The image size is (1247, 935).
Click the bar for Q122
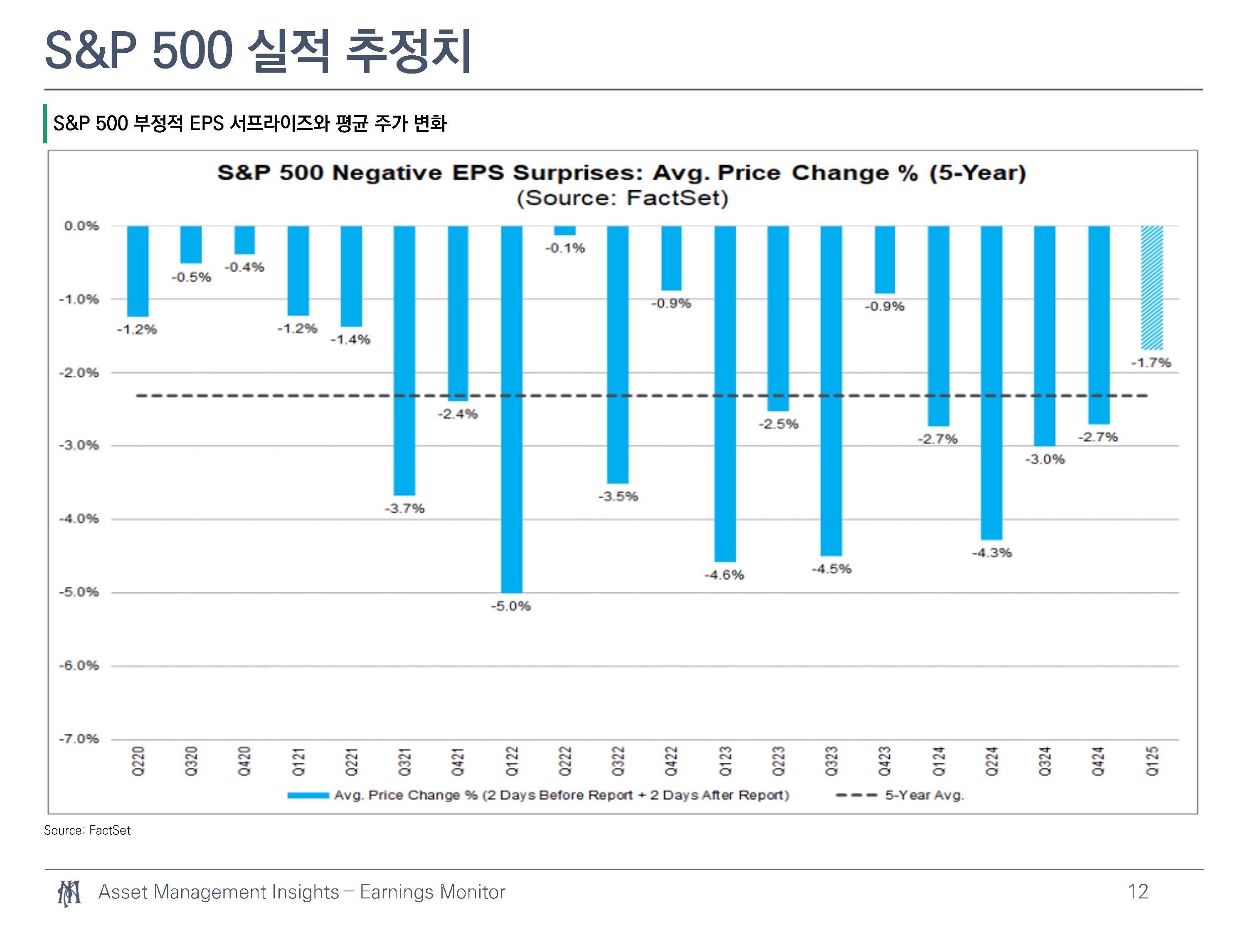click(x=511, y=409)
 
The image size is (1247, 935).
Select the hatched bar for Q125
click(x=1152, y=288)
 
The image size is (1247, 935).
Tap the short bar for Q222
click(x=564, y=231)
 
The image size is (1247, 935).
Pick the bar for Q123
click(x=725, y=394)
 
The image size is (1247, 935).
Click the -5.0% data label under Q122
click(x=511, y=606)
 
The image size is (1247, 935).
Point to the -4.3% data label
click(x=992, y=553)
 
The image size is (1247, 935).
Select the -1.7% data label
click(x=1151, y=363)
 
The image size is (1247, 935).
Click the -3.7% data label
click(x=405, y=508)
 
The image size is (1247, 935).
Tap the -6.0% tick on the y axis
click(x=79, y=666)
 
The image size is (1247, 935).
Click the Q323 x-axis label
click(x=831, y=761)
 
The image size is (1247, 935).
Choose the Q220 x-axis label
click(x=138, y=761)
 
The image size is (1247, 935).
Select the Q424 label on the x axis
click(x=1098, y=761)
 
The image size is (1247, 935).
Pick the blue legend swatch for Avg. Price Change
click(x=308, y=795)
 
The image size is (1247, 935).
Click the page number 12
click(x=1138, y=892)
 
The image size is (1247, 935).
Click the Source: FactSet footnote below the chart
click(x=87, y=830)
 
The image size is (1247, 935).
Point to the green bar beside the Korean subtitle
click(x=45, y=123)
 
